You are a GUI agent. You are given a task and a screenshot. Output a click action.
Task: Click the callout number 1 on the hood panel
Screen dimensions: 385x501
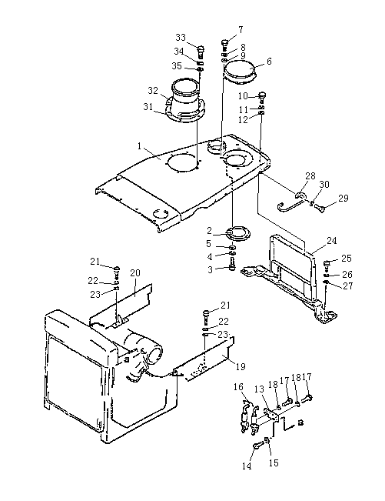coord(139,146)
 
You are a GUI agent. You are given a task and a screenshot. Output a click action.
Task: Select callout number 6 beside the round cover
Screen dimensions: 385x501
coord(269,62)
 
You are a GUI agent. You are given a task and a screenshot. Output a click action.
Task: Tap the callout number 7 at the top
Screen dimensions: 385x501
coord(241,30)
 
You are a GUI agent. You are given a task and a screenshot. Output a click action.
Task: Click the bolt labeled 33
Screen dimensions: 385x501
coord(201,50)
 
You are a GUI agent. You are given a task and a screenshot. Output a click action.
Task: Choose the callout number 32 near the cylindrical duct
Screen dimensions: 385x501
coord(153,91)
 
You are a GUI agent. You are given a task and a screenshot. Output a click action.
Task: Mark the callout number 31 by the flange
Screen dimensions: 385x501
coord(148,107)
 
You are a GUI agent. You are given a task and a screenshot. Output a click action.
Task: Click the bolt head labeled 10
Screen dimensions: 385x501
coord(263,96)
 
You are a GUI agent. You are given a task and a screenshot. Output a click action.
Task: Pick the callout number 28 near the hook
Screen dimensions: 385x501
coord(310,176)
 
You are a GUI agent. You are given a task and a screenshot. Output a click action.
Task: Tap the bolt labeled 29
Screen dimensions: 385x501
coord(320,209)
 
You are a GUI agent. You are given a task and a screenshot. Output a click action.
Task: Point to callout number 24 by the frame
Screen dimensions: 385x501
coord(332,241)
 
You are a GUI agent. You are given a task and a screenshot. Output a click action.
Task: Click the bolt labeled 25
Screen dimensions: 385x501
coord(327,264)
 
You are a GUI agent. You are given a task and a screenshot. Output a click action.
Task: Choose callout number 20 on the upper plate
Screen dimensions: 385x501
coord(135,273)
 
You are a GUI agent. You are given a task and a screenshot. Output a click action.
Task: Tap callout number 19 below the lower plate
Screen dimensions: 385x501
coord(241,367)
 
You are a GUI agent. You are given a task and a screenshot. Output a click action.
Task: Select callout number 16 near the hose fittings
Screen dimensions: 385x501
coord(238,387)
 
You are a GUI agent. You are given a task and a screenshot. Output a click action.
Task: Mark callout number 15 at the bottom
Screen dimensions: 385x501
coord(274,463)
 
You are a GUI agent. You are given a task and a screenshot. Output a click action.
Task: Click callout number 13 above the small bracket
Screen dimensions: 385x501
coord(259,389)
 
